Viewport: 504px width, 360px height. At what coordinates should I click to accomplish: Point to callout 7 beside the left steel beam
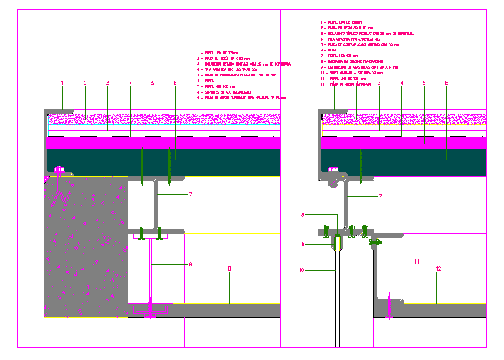[191, 194]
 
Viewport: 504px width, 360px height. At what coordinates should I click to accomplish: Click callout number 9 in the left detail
[229, 269]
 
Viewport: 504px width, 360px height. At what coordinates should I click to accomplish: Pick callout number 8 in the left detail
[191, 265]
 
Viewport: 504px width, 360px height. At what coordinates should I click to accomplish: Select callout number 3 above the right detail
[379, 84]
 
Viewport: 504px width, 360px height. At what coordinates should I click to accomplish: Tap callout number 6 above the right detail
[447, 84]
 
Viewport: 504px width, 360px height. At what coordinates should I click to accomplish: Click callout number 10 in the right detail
[302, 270]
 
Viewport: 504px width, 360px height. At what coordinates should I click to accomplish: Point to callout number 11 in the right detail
[416, 262]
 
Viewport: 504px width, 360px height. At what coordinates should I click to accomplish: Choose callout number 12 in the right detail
[438, 269]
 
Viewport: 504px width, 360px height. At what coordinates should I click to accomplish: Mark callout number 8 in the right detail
[303, 214]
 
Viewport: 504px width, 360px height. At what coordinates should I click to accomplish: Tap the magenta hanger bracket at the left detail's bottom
[149, 309]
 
